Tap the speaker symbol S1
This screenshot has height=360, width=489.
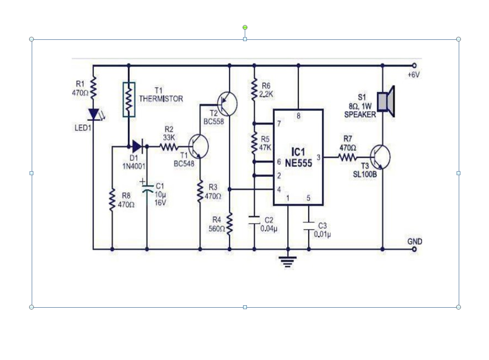pos(386,102)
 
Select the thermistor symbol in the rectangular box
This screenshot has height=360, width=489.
pos(129,99)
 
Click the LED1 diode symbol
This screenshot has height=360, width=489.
pos(94,114)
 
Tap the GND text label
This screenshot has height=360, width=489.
pos(415,241)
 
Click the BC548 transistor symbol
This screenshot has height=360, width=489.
pos(198,147)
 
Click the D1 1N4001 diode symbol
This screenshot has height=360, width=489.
pos(137,145)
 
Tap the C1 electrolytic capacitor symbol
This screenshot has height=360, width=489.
pos(147,187)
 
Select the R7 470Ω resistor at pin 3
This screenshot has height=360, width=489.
pos(348,157)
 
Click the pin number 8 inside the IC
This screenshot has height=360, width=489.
pos(298,116)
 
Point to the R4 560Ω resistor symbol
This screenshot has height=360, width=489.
pos(230,223)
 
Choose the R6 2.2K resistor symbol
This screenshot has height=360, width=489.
pos(254,89)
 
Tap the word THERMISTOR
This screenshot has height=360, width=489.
pos(161,99)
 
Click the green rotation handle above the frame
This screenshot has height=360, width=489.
pos(245,27)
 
